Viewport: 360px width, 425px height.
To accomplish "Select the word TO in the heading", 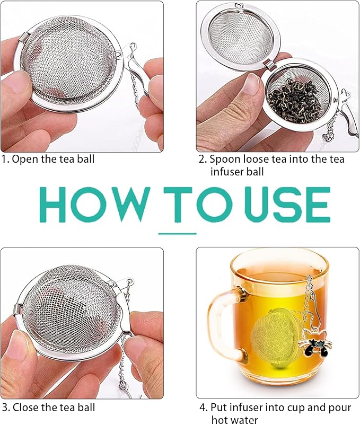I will [x=187, y=204].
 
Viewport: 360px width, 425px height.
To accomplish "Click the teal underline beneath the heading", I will [x=178, y=233].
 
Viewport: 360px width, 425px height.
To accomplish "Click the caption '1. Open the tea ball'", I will [x=50, y=158].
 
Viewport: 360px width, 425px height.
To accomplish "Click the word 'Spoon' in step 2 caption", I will [x=223, y=158].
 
